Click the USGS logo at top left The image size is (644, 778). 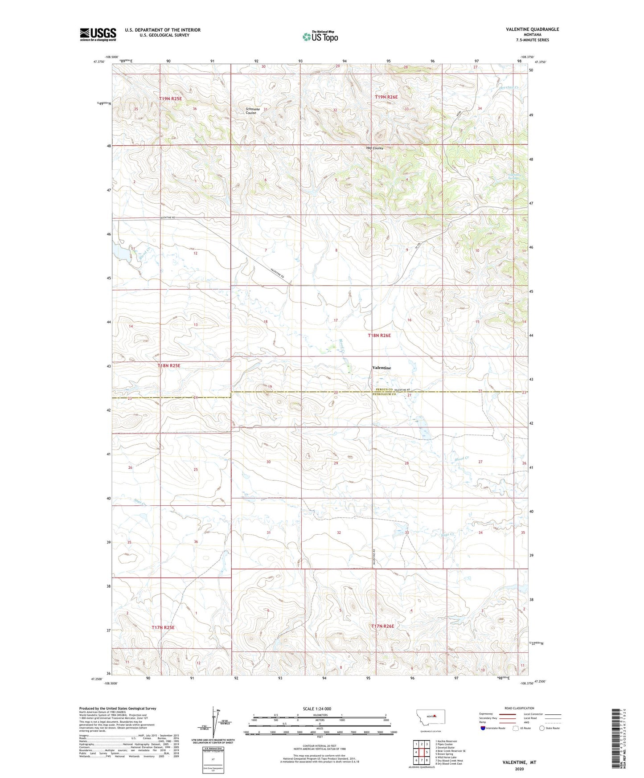[x=98, y=34]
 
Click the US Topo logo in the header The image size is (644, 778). [x=320, y=37]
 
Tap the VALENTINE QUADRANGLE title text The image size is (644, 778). [x=532, y=29]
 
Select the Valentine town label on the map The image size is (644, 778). [x=381, y=368]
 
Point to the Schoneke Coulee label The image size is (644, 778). [x=253, y=111]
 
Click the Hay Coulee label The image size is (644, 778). [x=374, y=148]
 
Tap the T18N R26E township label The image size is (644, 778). [x=379, y=336]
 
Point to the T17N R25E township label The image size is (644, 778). [x=163, y=628]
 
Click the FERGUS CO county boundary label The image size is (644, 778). [x=383, y=390]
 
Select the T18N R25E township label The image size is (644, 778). [x=169, y=366]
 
